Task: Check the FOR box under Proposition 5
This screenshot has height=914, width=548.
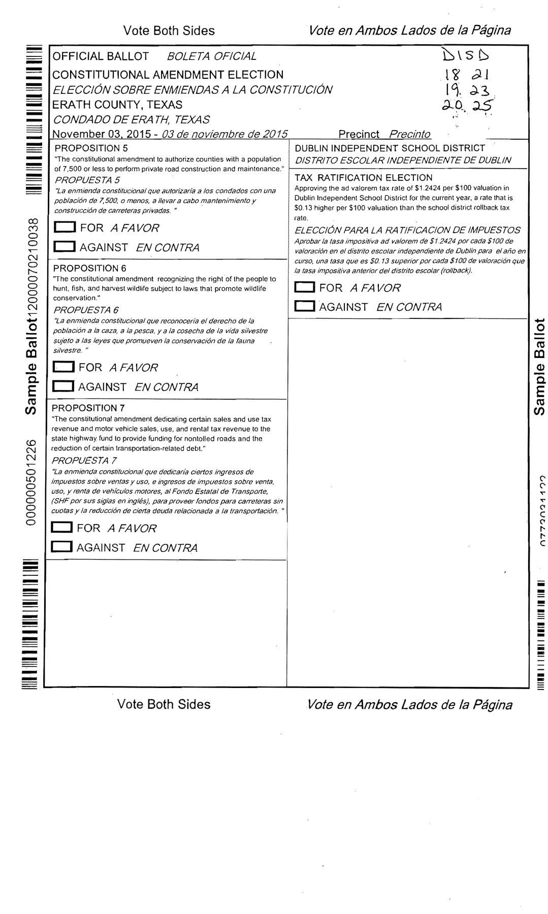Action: tap(66, 228)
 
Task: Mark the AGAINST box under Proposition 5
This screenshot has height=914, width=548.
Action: tap(66, 247)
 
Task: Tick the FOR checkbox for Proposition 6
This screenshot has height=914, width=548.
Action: tap(65, 367)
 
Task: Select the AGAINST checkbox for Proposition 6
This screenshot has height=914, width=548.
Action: tap(65, 387)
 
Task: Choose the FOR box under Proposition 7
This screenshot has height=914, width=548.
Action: tap(63, 528)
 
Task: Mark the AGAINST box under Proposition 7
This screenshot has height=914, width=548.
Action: tap(63, 547)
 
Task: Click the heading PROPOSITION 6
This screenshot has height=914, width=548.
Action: tap(90, 268)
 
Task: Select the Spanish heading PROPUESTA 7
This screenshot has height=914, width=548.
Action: tap(84, 461)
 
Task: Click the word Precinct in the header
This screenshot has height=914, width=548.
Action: tap(359, 135)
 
